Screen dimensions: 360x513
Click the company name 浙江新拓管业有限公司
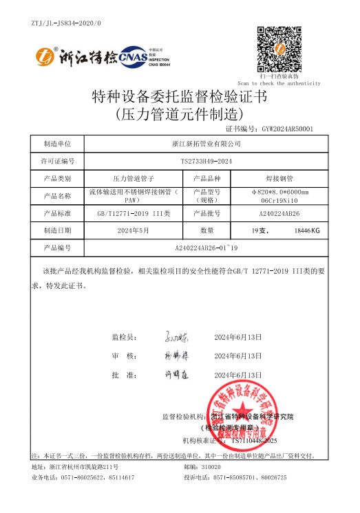pos(206,144)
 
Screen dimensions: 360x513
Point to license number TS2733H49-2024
pos(206,161)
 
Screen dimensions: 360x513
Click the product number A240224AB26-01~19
pos(206,247)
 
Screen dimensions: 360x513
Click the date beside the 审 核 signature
pos(238,356)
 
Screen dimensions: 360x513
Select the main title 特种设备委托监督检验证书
pos(180,97)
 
